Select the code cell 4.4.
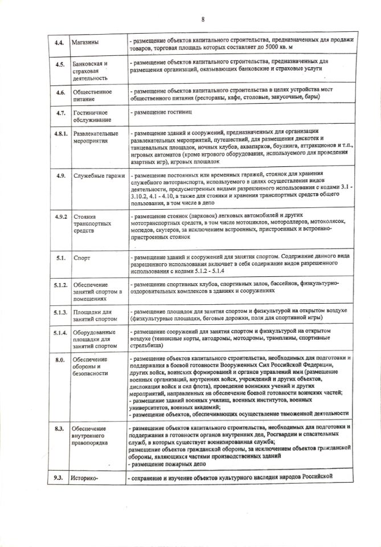tap(59, 42)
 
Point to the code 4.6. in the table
tap(59, 92)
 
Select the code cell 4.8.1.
tap(58, 134)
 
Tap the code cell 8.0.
tap(59, 360)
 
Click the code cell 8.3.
tap(59, 428)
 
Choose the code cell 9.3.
tap(59, 477)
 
